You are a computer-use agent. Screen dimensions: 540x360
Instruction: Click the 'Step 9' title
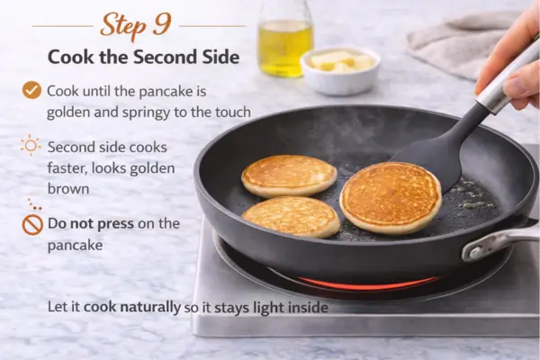(x=136, y=25)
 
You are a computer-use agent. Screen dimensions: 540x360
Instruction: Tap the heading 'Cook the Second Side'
(x=143, y=58)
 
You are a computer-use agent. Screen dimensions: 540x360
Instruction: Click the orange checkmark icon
(x=31, y=90)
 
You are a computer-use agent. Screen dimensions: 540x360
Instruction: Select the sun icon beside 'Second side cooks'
(x=31, y=146)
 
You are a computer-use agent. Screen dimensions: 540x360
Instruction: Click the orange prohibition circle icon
(x=32, y=225)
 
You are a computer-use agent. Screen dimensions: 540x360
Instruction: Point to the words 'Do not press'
(x=91, y=224)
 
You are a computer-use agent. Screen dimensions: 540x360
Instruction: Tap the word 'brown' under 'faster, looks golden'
(x=68, y=189)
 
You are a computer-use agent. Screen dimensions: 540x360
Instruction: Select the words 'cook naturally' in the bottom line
(x=132, y=307)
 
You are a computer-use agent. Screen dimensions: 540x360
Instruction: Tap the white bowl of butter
(x=340, y=70)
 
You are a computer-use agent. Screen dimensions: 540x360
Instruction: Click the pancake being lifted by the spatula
(x=391, y=198)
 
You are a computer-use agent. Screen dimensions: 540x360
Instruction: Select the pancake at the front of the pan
(x=292, y=217)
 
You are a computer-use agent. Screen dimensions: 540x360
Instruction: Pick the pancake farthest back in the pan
(x=289, y=176)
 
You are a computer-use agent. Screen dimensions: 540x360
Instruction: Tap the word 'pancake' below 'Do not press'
(x=75, y=246)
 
